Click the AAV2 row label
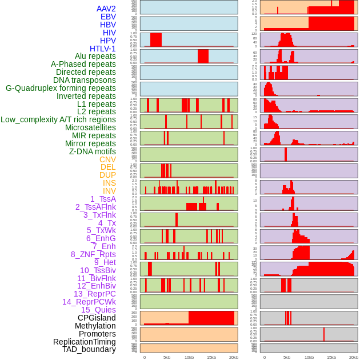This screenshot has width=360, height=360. tap(106, 9)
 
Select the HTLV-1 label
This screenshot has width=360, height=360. tap(103, 49)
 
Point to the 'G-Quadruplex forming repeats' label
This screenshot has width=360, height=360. tap(61, 88)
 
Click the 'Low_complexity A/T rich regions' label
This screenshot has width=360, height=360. tap(58, 119)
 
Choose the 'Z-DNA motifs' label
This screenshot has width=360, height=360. tap(93, 151)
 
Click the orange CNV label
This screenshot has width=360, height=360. tap(107, 159)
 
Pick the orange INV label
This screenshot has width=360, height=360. tap(109, 191)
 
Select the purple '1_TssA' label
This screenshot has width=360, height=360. tap(103, 199)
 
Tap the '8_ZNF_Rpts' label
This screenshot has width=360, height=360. tap(93, 254)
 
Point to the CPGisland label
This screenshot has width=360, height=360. tap(97, 318)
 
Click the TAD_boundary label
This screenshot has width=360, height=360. tap(89, 349)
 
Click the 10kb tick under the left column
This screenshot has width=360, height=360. tap(189, 357)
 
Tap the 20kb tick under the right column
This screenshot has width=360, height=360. tap(354, 357)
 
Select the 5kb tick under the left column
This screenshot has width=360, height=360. tap(167, 357)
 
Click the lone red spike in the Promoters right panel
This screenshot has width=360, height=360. tap(324, 334)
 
